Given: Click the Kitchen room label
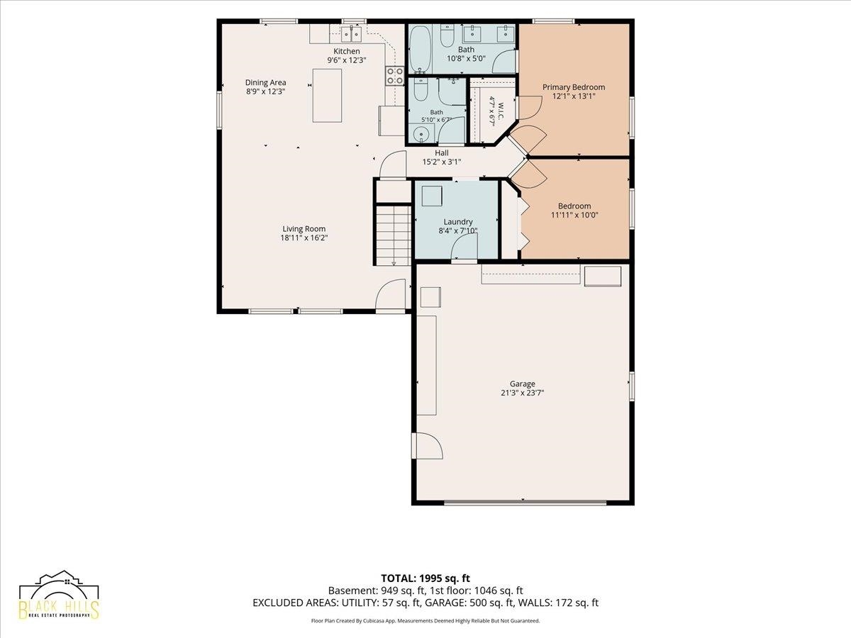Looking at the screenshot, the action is point(347,51).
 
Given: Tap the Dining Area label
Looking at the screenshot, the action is point(265,82).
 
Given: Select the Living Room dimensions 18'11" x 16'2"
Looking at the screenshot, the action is point(304,238).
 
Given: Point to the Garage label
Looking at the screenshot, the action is point(522,384).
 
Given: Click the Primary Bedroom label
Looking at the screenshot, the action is point(574,87).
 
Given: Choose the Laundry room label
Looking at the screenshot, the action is point(458,222).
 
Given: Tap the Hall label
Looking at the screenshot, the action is point(442,153).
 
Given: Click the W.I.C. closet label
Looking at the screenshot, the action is point(501,111).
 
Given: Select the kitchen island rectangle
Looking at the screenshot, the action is point(327,96).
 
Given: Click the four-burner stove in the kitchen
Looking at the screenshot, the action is point(395,76).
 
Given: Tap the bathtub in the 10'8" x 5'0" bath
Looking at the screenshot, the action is point(421,50).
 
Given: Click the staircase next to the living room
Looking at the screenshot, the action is point(392,235).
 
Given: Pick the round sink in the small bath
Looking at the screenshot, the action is point(421,135).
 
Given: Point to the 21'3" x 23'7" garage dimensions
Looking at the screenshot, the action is point(522,393).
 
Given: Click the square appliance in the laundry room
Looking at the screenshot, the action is point(432,196).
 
